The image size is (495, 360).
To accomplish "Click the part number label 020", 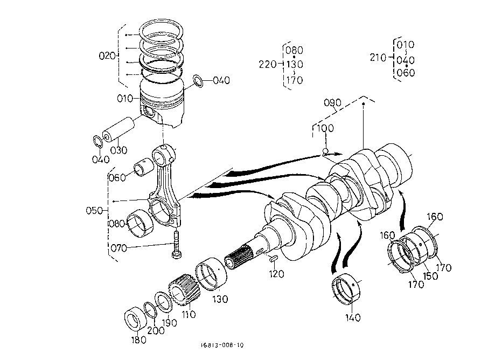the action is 107,56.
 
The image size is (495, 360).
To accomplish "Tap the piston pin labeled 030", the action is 118,129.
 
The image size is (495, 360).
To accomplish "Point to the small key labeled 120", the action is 273,259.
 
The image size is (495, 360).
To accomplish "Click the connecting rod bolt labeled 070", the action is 176,245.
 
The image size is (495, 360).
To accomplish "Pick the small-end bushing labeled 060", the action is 144,169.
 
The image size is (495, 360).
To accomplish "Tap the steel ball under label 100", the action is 325,151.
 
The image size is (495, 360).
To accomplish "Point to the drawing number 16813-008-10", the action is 222,345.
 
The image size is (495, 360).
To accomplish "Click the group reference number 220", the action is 268,65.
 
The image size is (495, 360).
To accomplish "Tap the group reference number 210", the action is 378,58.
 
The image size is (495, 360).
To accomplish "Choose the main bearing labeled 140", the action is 347,289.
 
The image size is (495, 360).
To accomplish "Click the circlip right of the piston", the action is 198,81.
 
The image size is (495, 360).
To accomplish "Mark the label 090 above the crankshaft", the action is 332,102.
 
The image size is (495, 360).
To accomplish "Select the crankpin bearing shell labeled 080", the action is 140,223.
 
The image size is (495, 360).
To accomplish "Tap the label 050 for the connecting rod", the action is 94,211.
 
